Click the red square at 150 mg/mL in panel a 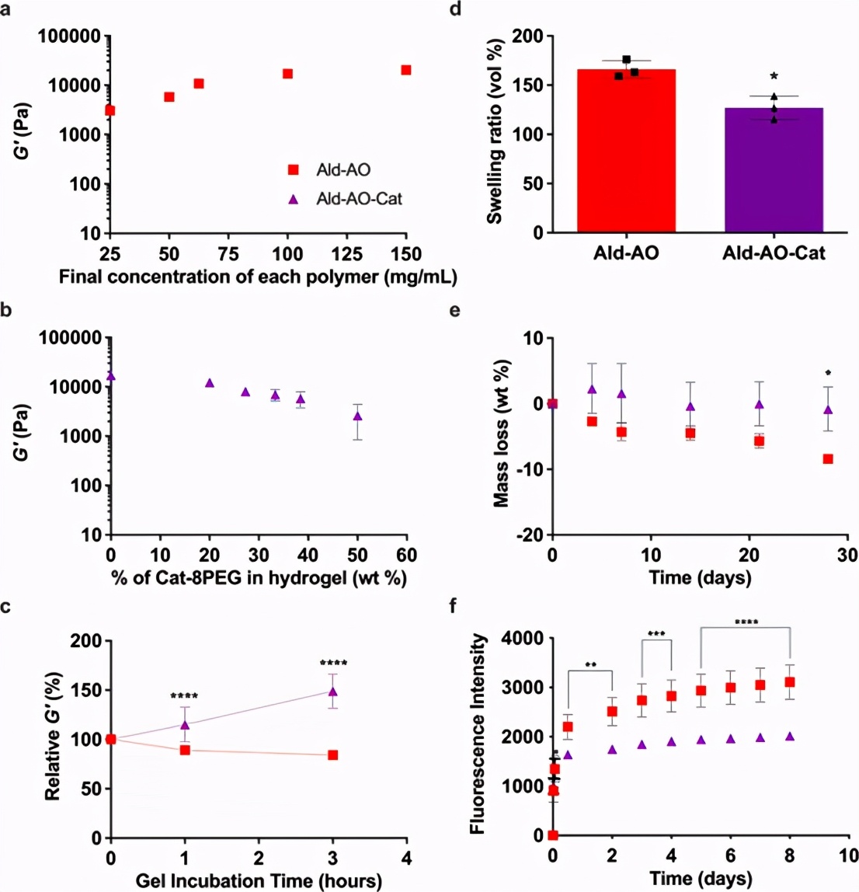click(x=405, y=71)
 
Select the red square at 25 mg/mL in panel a click(x=110, y=110)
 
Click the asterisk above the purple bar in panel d click(x=774, y=76)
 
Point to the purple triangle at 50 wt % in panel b click(x=357, y=416)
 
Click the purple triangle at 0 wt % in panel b click(x=111, y=376)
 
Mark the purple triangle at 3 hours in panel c click(x=332, y=692)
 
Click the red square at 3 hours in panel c click(x=332, y=755)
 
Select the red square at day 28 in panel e click(x=828, y=459)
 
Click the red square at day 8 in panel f click(x=790, y=682)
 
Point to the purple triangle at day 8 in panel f click(x=790, y=736)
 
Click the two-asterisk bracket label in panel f click(x=590, y=665)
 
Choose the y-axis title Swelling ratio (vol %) click(x=494, y=134)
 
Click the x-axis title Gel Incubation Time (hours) click(x=259, y=880)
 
